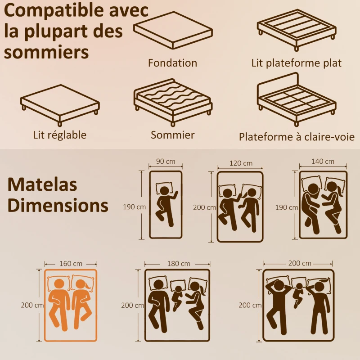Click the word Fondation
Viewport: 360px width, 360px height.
[x=173, y=63]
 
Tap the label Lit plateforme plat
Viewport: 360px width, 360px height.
[x=297, y=63]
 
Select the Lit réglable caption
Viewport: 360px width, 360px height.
[x=59, y=135]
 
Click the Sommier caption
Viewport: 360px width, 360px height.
[x=173, y=135]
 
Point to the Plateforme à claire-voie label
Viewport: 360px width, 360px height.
[x=297, y=137]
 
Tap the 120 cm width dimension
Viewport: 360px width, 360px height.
[x=240, y=163]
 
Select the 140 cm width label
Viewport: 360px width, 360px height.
[x=323, y=162]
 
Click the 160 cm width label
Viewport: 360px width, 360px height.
[x=71, y=264]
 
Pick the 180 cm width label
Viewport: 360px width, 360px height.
[x=178, y=263]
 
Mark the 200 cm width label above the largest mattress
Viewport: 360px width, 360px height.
[x=300, y=263]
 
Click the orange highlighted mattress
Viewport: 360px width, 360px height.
[x=71, y=304]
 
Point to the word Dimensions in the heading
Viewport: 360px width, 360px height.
[x=58, y=205]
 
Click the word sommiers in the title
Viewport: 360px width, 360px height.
[x=46, y=52]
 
